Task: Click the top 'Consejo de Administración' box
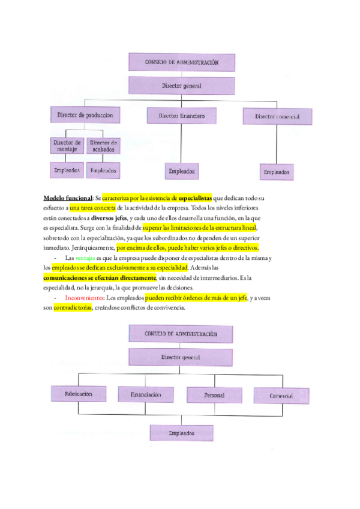[x=182, y=62]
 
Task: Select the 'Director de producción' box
[x=85, y=115]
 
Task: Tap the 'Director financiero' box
[x=181, y=116]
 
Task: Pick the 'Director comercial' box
[x=277, y=116]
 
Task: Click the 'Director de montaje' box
[x=67, y=146]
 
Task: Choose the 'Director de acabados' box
[x=103, y=146]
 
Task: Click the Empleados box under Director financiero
[x=181, y=171]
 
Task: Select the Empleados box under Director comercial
[x=277, y=172]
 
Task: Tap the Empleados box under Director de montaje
[x=67, y=170]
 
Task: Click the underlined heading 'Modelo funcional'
[x=68, y=198]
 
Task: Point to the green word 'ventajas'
[x=85, y=258]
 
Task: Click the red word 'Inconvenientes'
[x=85, y=298]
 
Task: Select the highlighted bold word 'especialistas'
[x=195, y=198]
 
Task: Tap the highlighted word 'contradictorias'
[x=73, y=307]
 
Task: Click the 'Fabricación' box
[x=79, y=394]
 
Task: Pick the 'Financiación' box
[x=146, y=394]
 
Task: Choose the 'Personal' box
[x=214, y=395]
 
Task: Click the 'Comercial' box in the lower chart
[x=281, y=396]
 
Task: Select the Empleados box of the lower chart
[x=181, y=433]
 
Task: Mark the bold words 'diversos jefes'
[x=109, y=218]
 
